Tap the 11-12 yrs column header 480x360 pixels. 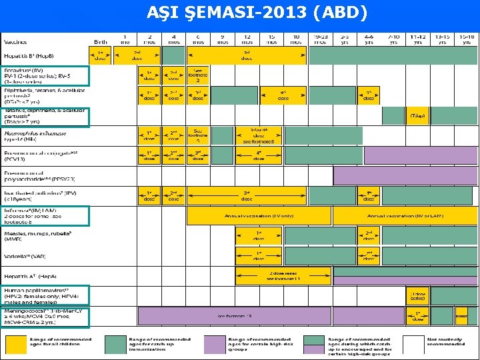point(417,38)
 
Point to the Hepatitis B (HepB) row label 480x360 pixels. point(29,55)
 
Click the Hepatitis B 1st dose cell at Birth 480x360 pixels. point(100,55)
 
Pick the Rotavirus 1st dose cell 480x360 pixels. point(149,75)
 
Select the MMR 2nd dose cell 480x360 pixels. point(369,236)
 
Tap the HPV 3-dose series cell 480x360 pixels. point(417,295)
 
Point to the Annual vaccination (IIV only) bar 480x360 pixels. point(259,216)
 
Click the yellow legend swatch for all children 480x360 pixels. point(15,343)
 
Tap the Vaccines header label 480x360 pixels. point(17,41)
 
